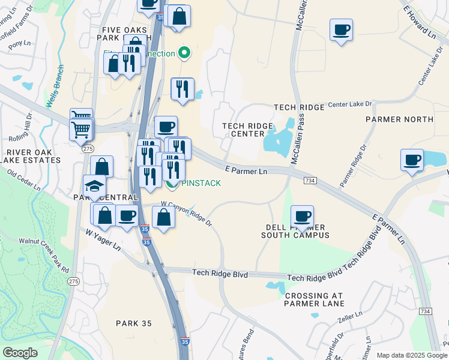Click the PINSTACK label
[201, 183]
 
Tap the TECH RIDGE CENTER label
[247, 130]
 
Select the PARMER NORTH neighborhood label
[399, 119]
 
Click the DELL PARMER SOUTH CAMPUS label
[295, 231]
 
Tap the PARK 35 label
[134, 323]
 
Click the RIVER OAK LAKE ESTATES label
[30, 155]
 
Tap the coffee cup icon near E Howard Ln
[341, 29]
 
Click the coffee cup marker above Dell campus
[303, 215]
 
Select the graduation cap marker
[94, 185]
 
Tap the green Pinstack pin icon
[172, 184]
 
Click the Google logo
[20, 353]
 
